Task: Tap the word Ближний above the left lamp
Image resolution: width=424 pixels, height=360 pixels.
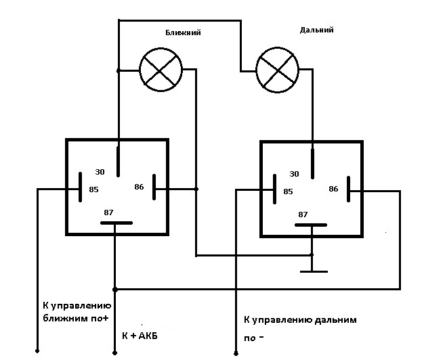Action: (184, 32)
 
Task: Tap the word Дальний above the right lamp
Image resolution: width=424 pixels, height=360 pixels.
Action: (316, 30)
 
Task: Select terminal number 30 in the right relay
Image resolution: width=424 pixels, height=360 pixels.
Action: (294, 173)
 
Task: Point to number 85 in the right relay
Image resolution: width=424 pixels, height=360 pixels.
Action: (287, 192)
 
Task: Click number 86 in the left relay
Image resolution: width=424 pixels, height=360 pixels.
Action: (140, 186)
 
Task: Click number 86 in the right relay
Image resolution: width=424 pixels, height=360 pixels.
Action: (333, 189)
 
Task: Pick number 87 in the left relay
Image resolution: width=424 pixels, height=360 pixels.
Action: (108, 212)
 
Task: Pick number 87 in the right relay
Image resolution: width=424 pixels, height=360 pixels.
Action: (303, 215)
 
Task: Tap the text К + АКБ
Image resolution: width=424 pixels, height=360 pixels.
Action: (144, 336)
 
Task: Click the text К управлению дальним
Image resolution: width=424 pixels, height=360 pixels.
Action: (299, 319)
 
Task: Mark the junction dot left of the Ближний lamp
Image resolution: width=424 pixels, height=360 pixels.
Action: (118, 70)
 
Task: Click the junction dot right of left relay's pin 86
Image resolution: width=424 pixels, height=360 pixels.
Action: (196, 189)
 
